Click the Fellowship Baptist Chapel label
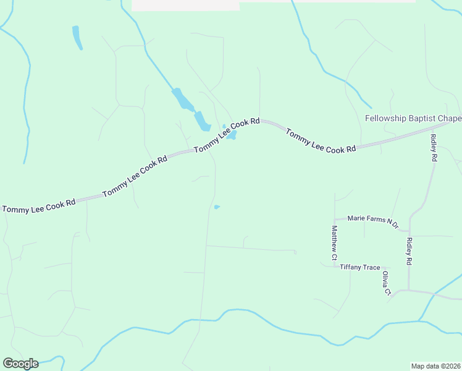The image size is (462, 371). pos(413,118)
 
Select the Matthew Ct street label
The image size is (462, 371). pos(334,242)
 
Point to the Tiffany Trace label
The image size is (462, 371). pos(360,267)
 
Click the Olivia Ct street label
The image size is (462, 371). pos(386,282)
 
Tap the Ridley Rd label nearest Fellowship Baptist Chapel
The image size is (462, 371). pos(434,148)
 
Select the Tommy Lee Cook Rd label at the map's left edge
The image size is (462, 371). pos(38,205)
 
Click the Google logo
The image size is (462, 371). pos(20,364)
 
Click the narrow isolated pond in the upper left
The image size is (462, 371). pos(77,37)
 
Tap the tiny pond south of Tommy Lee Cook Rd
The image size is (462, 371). pos(217,207)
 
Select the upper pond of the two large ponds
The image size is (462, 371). pos(182,98)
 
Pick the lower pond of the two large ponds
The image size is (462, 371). pos(202,121)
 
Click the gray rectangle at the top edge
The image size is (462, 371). pos(185,5)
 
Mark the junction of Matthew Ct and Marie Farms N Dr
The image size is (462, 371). pos(334,220)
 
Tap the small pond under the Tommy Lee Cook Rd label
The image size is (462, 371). pos(232,135)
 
